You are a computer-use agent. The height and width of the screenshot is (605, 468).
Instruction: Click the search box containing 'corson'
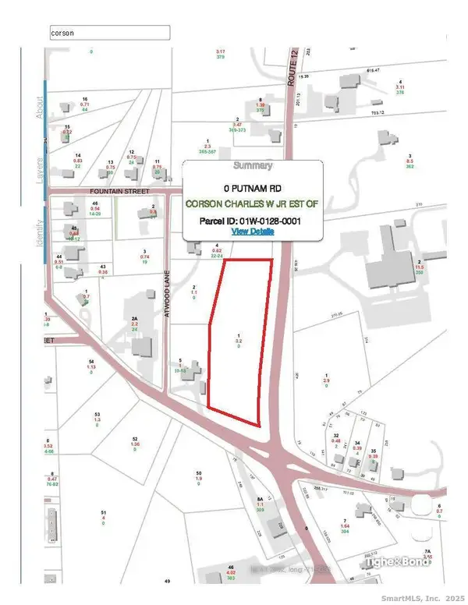point(108,33)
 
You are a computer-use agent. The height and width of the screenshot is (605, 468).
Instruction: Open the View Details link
point(252,232)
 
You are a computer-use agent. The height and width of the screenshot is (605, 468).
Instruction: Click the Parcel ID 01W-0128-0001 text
point(252,221)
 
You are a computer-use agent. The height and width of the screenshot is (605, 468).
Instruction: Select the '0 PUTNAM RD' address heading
point(252,188)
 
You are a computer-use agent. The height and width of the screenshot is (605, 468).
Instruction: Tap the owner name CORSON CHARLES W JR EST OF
point(252,204)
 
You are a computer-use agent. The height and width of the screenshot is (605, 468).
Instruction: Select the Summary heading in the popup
point(252,165)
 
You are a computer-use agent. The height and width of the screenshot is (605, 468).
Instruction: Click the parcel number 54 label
point(91,362)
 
